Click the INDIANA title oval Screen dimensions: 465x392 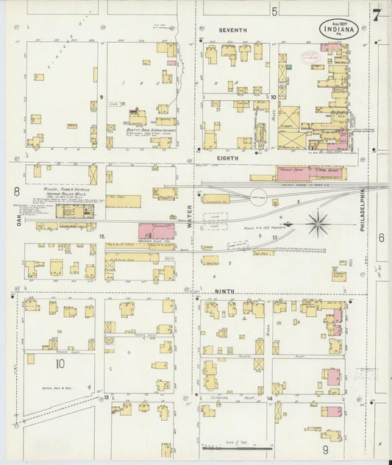tap(339, 29)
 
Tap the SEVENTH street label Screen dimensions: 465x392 tap(233, 30)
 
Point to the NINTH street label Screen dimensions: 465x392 tap(225, 291)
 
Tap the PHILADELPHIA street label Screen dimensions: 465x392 tap(363, 213)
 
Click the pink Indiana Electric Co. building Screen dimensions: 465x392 tap(156, 230)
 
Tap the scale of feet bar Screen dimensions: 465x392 tap(237, 446)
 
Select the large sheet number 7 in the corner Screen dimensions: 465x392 tap(376, 14)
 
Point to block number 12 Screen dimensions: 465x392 tap(102, 236)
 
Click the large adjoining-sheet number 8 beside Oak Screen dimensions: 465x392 tap(16, 193)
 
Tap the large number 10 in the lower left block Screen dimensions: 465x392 tap(60, 363)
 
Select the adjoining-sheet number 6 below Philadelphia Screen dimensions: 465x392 tap(381, 237)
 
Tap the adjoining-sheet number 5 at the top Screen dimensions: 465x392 tap(274, 11)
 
